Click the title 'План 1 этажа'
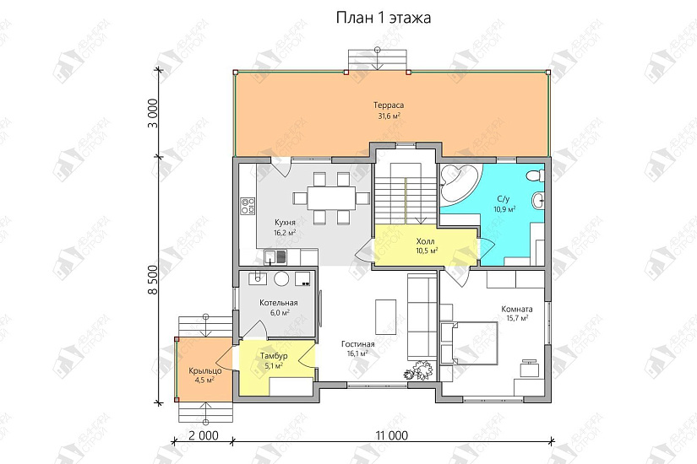[384, 19]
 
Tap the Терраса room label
[389, 105]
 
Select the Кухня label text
[285, 222]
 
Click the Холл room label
[426, 241]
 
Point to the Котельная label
[279, 303]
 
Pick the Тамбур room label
[274, 356]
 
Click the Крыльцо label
[205, 370]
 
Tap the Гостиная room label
[358, 344]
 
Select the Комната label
[517, 309]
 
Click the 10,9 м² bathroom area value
[504, 208]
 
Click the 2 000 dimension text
[203, 435]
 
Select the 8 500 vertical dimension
[153, 280]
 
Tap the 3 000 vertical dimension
[153, 113]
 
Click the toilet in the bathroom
[534, 176]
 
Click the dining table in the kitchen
[331, 197]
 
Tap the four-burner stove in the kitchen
[248, 206]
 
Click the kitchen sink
[275, 256]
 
